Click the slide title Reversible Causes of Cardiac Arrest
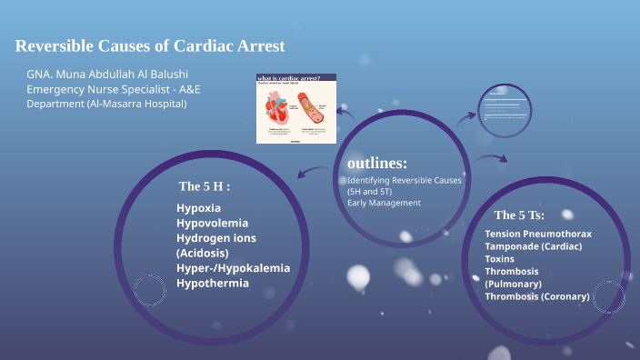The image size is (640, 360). click(x=150, y=45)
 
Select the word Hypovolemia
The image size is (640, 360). click(x=212, y=223)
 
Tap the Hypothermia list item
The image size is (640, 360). click(x=212, y=283)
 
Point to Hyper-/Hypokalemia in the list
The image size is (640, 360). click(x=233, y=267)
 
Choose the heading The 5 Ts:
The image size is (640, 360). click(x=519, y=215)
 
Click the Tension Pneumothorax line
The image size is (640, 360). click(x=538, y=234)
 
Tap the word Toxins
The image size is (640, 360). click(x=499, y=259)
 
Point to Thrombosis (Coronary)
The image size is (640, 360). click(x=537, y=296)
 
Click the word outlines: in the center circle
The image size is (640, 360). click(x=377, y=164)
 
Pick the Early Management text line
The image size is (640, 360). click(x=384, y=203)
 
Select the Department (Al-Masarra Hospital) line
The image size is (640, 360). click(x=106, y=104)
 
